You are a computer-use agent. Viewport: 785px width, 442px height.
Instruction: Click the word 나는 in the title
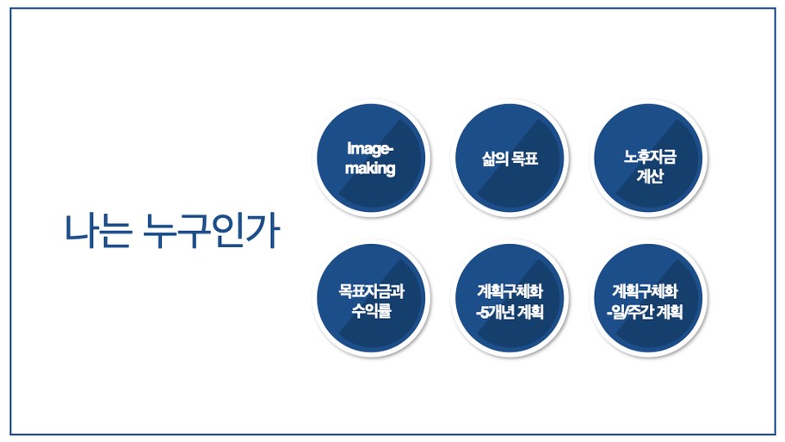[x=99, y=231]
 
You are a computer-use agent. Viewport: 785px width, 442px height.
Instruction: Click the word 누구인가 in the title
[x=211, y=231]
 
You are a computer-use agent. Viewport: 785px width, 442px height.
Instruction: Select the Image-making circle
[x=371, y=158]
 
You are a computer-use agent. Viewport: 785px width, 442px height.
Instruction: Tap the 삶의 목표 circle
[x=510, y=158]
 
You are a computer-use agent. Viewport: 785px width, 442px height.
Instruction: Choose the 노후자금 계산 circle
[x=649, y=158]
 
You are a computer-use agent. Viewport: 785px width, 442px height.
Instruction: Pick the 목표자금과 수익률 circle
[x=371, y=298]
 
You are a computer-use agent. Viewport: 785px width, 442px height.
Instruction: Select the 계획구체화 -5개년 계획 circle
[x=510, y=298]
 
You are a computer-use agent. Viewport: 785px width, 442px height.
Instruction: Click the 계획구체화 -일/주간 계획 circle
[x=649, y=298]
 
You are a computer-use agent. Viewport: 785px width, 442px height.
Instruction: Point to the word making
[x=370, y=168]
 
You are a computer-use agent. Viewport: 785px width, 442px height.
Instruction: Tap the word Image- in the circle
[x=370, y=148]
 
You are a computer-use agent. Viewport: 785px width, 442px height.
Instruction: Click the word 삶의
[x=495, y=159]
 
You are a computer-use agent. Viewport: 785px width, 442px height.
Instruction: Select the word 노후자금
[x=650, y=156]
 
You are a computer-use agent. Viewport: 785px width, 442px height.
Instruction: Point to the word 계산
[x=650, y=176]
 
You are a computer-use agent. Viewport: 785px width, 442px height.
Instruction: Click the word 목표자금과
[x=372, y=290]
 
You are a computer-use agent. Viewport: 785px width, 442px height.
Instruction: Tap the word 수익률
[x=371, y=310]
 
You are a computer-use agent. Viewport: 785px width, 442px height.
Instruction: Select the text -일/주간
[x=629, y=312]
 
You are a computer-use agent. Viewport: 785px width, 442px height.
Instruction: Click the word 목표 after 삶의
[x=525, y=159]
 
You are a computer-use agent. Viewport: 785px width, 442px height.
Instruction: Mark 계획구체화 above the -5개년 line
[x=510, y=290]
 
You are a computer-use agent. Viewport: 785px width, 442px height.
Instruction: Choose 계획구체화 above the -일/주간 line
[x=645, y=290]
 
